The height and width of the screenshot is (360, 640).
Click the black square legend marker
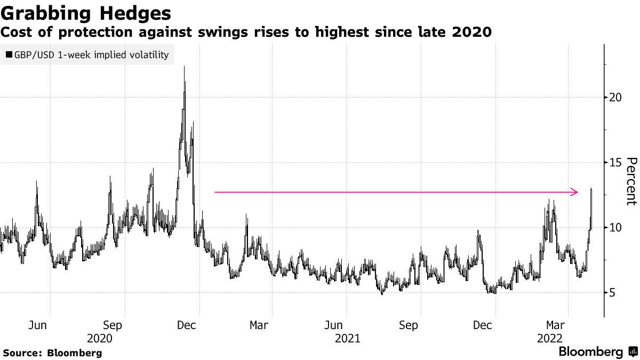click(x=9, y=54)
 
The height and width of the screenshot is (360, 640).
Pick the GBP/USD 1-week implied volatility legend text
click(x=91, y=54)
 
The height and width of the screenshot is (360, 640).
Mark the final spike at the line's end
click(x=591, y=189)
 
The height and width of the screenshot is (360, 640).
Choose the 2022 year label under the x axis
click(x=550, y=338)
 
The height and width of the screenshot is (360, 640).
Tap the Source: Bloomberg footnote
click(x=52, y=353)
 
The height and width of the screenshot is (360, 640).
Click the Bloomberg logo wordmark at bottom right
click(x=590, y=352)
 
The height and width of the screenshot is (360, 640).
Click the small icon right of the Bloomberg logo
click(x=633, y=351)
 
